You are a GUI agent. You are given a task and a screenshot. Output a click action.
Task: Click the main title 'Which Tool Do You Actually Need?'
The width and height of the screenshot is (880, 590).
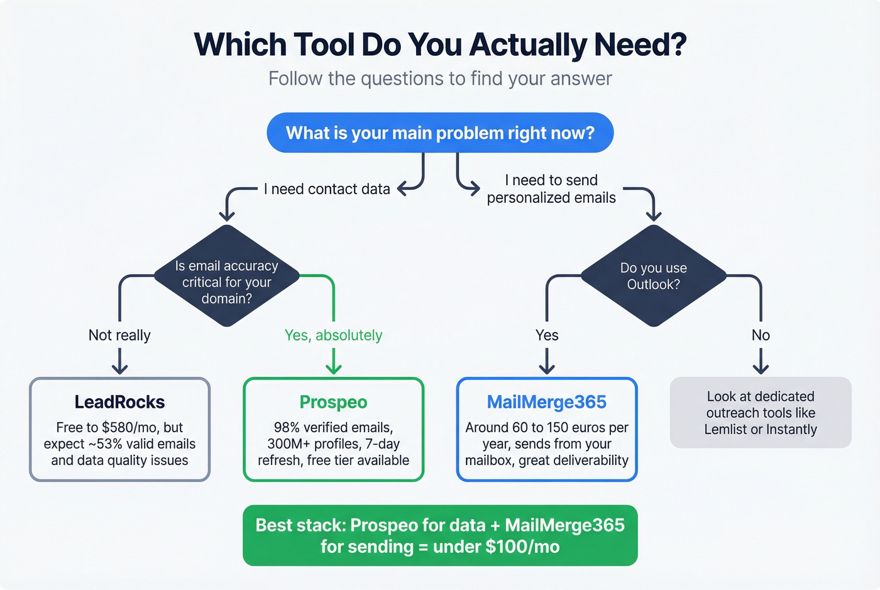[x=440, y=45]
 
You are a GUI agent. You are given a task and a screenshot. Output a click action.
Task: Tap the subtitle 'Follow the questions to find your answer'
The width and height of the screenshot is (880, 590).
[x=440, y=79]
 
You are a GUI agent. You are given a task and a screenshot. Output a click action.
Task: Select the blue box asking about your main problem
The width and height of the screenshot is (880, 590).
[x=440, y=133]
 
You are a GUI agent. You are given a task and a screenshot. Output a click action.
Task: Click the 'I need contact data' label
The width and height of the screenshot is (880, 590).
[x=327, y=189]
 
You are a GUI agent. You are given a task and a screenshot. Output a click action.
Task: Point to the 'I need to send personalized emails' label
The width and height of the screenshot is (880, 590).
[x=551, y=189]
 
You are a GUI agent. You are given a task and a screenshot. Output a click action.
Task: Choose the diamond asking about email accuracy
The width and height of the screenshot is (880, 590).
[x=226, y=276]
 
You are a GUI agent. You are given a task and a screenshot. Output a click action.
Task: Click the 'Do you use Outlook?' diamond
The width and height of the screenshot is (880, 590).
[x=654, y=276]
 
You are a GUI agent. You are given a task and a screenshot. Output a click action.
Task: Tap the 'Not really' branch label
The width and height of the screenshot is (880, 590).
[x=119, y=336]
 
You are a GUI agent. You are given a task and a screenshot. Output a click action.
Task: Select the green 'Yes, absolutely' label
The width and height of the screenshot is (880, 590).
[x=333, y=336]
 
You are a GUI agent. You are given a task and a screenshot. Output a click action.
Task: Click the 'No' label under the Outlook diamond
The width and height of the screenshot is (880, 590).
[x=761, y=336]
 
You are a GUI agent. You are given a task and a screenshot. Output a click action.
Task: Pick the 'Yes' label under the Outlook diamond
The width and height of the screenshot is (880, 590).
[x=547, y=336]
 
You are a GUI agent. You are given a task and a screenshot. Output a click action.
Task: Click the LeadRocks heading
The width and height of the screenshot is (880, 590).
[x=119, y=402]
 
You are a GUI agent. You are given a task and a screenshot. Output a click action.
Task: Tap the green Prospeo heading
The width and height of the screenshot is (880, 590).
[x=333, y=402]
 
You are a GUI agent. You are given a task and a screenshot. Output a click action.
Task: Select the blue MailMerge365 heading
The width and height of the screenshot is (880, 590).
[x=547, y=402]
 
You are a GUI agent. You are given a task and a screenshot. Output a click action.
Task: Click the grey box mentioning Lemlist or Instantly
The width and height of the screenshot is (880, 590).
[x=761, y=413]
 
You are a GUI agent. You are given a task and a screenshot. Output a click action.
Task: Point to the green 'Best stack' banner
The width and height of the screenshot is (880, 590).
[x=440, y=535]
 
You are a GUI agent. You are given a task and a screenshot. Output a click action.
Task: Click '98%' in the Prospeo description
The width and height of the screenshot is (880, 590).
[x=287, y=428]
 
